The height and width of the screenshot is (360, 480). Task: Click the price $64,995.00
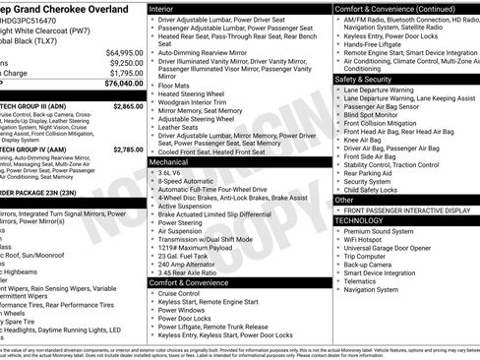pyautogui.click(x=124, y=51)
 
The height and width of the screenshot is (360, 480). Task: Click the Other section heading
pyautogui.click(x=345, y=199)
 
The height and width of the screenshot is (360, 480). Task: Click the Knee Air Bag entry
pyautogui.click(x=365, y=140)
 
